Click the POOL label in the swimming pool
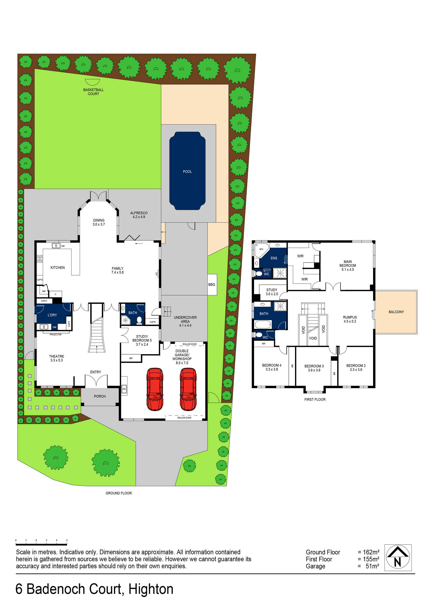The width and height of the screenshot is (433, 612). pos(187,172)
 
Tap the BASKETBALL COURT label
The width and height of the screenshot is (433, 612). pos(93,92)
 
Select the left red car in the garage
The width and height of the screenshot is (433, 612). pos(155,389)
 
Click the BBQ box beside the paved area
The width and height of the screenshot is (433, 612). pos(212,284)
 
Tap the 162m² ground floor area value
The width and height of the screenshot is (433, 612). pos(371,552)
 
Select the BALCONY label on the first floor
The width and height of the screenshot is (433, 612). pos(396,312)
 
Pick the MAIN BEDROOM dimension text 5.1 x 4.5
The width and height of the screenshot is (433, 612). pos(348,269)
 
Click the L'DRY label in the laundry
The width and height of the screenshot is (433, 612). pos(52,315)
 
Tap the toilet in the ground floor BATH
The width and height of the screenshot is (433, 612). pos(139,320)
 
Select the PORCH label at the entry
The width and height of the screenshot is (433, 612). pos(100,396)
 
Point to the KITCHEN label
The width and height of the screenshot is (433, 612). pos(58,268)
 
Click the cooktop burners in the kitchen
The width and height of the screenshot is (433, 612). pos(40,258)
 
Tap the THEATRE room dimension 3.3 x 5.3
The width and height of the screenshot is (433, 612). pos(57,360)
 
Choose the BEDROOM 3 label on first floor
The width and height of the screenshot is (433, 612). pos(314,366)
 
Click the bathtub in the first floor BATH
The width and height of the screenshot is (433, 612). pos(262,325)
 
